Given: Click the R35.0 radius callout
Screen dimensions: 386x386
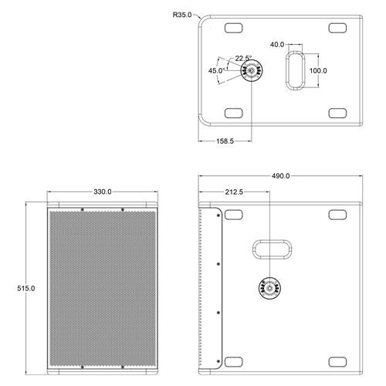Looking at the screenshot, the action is point(182,15).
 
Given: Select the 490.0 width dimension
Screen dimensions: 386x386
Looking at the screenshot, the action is point(280,176).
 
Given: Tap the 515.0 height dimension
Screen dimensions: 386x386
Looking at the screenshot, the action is point(26,289).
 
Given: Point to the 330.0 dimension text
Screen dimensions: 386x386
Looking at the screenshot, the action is point(103,191).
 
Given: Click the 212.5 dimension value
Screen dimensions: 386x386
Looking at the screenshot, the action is point(234,192).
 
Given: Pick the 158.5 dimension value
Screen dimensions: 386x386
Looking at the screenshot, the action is point(225,141).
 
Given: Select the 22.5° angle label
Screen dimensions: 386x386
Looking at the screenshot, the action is point(243,59).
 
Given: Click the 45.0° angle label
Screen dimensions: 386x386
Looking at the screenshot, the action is point(217,70).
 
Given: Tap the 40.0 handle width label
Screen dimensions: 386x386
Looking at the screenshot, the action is point(277,45).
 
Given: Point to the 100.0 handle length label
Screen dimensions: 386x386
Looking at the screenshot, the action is point(318,70).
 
